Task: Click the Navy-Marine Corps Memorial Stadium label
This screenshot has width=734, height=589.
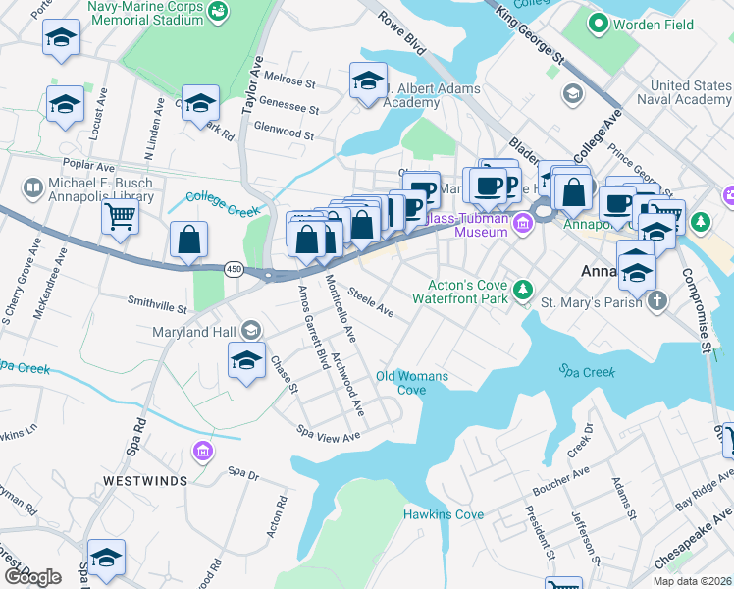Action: (x=146, y=12)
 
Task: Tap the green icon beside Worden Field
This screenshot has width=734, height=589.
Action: (x=595, y=21)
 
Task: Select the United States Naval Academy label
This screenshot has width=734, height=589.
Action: (x=683, y=93)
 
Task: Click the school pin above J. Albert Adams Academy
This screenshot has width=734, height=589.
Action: (x=368, y=80)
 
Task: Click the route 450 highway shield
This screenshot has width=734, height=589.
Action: (x=236, y=269)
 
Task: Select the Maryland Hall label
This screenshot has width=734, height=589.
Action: (x=194, y=331)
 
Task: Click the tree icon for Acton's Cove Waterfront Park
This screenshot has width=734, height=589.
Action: (x=524, y=289)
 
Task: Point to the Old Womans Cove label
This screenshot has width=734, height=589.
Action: (x=412, y=383)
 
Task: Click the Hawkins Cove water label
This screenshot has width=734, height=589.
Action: (x=443, y=514)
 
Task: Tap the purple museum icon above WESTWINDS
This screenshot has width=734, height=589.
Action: (x=202, y=451)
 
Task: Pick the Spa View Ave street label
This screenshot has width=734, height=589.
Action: (x=329, y=433)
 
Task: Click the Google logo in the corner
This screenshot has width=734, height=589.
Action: (x=31, y=577)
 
